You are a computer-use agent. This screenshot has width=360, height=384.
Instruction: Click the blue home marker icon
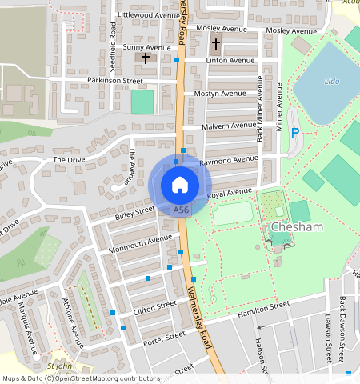click(x=180, y=185)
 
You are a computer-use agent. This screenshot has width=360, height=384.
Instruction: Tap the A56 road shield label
click(x=181, y=210)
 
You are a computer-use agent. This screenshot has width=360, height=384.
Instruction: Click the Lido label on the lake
click(x=332, y=82)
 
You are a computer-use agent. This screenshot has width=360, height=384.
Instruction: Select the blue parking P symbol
click(x=295, y=133)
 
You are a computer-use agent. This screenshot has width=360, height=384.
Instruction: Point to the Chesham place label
click(x=296, y=228)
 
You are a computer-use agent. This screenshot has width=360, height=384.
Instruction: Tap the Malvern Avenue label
click(x=230, y=126)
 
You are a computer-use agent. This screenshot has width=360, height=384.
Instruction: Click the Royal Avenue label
click(x=230, y=194)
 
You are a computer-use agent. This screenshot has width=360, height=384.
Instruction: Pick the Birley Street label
click(x=134, y=212)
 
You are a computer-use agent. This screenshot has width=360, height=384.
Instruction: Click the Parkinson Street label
click(x=115, y=81)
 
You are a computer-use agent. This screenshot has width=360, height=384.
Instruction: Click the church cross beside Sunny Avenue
click(x=146, y=58)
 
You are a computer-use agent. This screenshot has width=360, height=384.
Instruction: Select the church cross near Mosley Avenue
click(x=216, y=42)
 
